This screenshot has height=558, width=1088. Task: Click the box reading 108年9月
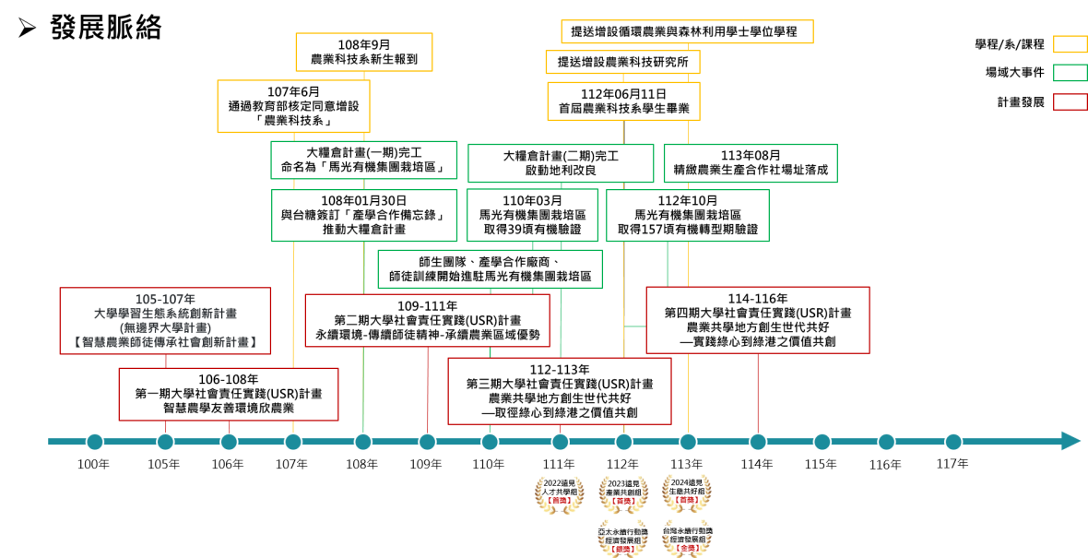click(x=363, y=52)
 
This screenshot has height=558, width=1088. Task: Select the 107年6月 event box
click(x=292, y=106)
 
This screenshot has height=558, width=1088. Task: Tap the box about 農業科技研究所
click(x=622, y=62)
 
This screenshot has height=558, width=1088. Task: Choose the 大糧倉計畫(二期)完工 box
click(x=561, y=163)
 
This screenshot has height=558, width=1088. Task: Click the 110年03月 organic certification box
click(x=532, y=215)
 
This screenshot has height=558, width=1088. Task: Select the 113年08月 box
click(x=750, y=163)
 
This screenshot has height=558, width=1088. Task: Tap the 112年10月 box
click(x=688, y=215)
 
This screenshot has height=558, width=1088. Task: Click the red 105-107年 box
click(x=166, y=321)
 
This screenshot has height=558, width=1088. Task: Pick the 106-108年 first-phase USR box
click(x=228, y=394)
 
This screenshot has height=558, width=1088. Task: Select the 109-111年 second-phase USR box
click(x=427, y=320)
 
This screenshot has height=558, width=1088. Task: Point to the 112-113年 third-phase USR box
click(x=560, y=391)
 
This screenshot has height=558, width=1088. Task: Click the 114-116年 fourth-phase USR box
click(x=757, y=319)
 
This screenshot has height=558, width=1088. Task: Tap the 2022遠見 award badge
click(x=560, y=492)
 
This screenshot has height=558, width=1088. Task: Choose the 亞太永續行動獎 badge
click(x=623, y=539)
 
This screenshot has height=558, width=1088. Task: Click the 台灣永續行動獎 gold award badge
click(x=688, y=539)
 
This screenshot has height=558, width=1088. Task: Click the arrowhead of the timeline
click(x=1070, y=441)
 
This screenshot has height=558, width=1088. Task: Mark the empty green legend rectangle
click(x=1070, y=73)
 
